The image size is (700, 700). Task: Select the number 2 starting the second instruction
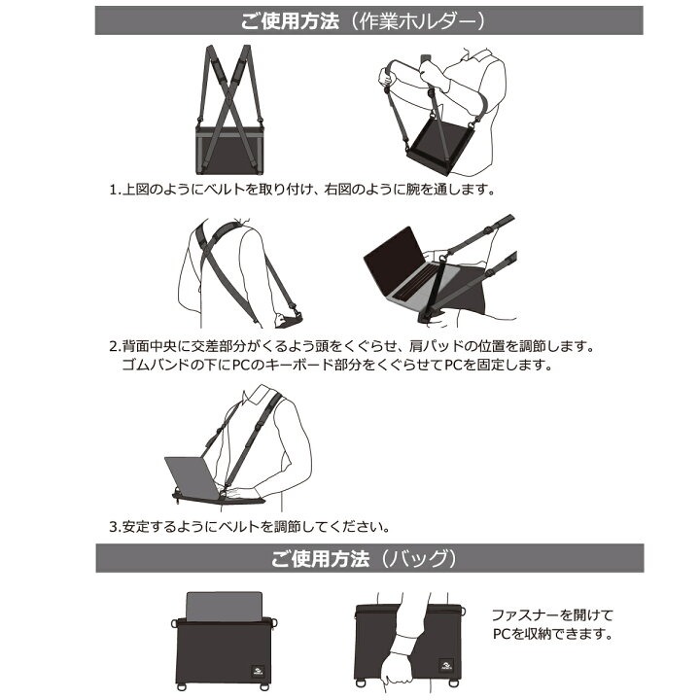114,346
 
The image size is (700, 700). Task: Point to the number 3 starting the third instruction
114,527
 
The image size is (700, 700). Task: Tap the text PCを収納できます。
551,635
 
